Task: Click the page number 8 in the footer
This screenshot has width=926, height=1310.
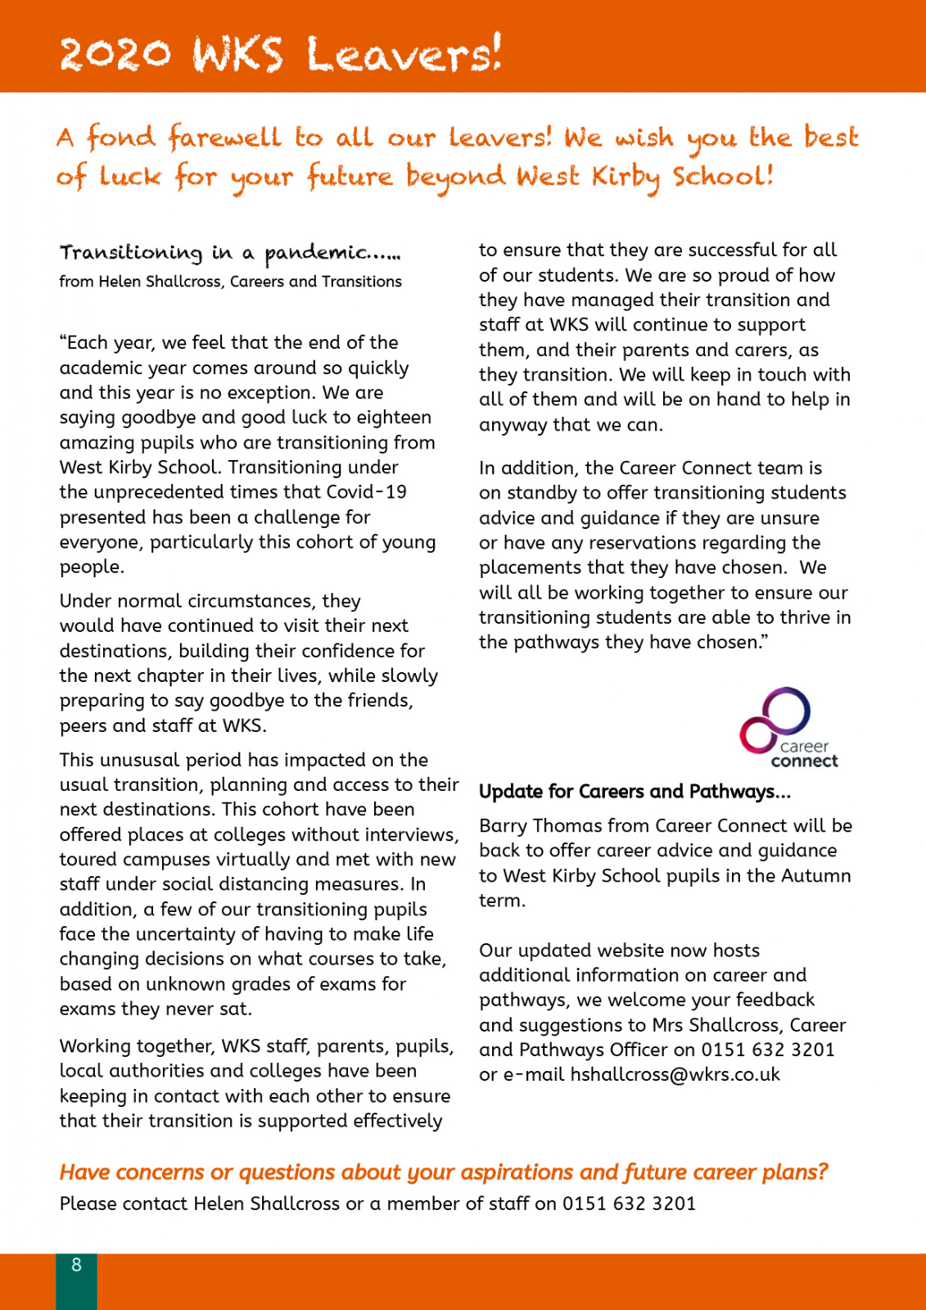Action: coord(76,1265)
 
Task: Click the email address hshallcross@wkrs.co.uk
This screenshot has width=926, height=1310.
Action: coord(675,1074)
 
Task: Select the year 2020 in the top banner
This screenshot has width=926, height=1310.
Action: coord(115,55)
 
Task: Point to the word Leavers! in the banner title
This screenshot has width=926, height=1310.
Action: coord(404,55)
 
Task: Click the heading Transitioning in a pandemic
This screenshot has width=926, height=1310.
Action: coord(230,253)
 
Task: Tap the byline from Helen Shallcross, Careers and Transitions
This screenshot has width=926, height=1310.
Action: coord(230,282)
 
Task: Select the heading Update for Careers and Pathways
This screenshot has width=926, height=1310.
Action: coord(635,792)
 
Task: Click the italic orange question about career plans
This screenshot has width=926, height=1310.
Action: coord(443,1172)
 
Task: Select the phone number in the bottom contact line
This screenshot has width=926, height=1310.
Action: coord(629,1204)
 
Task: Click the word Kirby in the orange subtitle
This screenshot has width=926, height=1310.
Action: coord(626,177)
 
